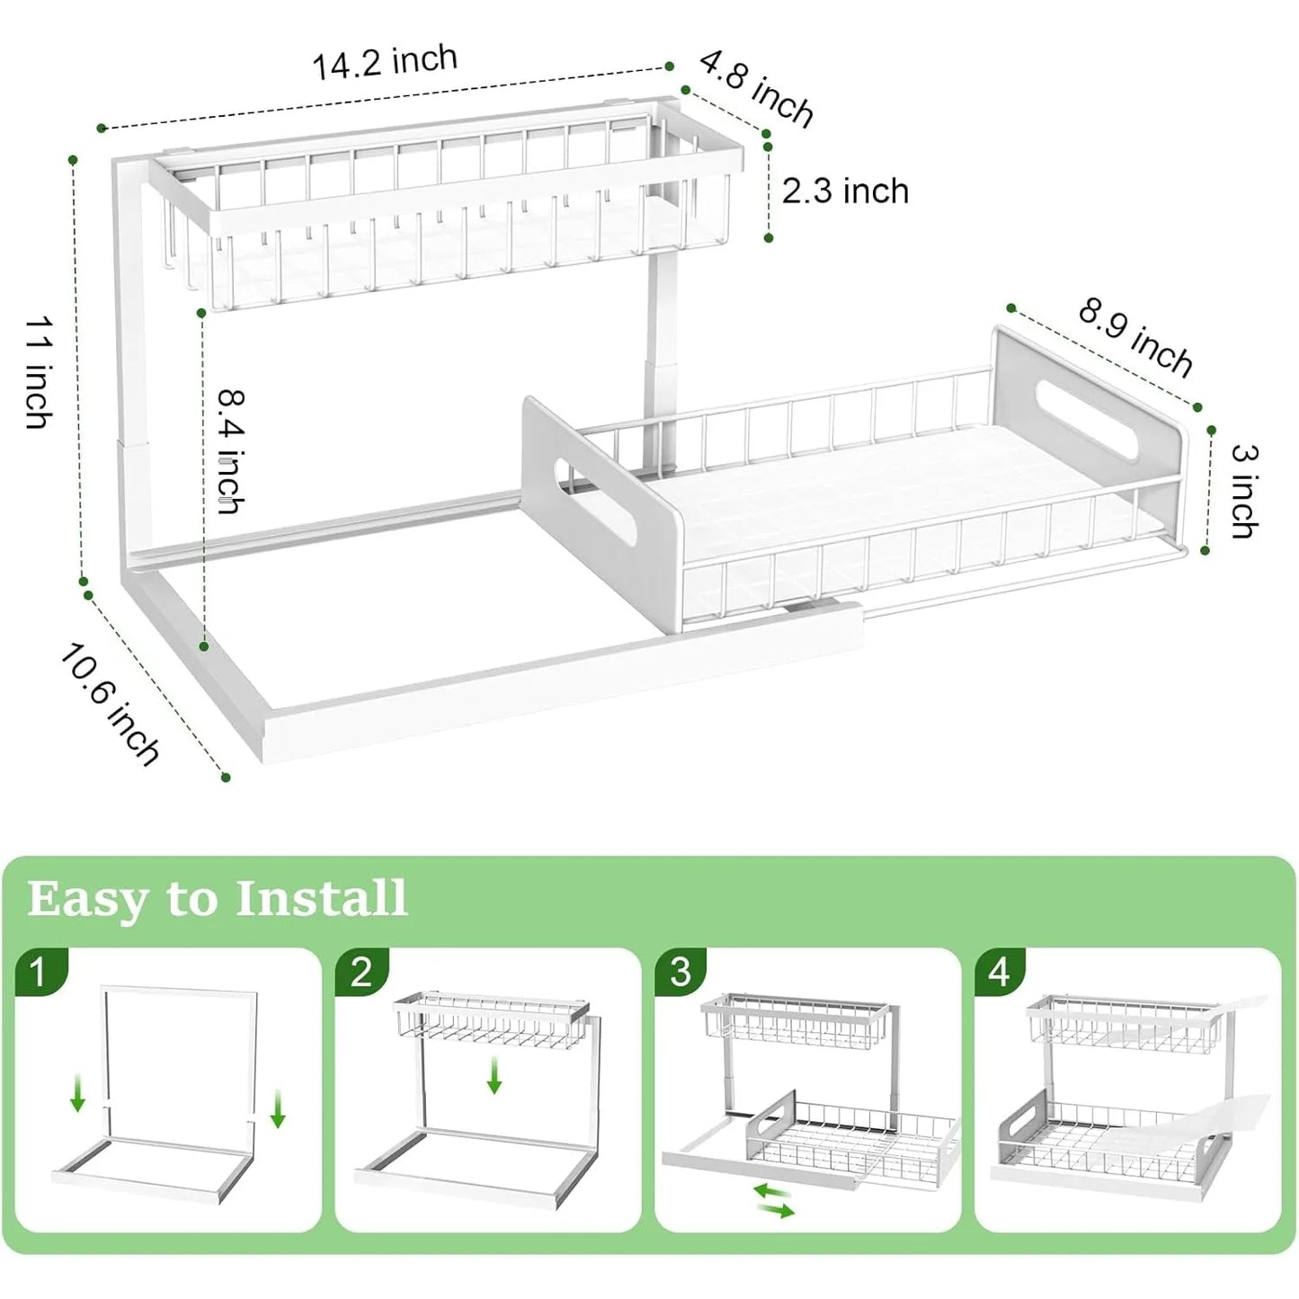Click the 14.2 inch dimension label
coord(385,62)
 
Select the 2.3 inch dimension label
coord(845,191)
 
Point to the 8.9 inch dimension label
coord(1135,337)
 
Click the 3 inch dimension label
coord(1244,491)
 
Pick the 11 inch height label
coord(39,371)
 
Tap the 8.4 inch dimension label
coord(231,450)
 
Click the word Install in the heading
coord(321,898)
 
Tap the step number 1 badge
coord(39,972)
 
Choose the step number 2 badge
coord(360,972)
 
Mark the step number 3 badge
coord(681,972)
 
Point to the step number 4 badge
coord(1000,972)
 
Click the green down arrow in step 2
coord(494,1075)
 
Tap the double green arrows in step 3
coord(773,1200)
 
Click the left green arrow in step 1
coord(78,1095)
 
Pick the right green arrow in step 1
coord(278,1108)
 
